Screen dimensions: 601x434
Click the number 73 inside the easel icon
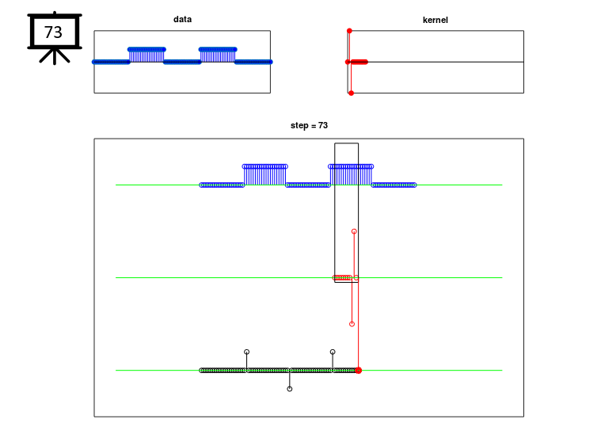pos(53,32)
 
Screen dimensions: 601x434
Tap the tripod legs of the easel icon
pos(55,55)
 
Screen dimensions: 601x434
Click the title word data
pos(182,19)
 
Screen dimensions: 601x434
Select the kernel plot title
pos(435,20)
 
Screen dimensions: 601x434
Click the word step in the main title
pos(299,126)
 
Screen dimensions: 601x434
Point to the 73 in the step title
pos(323,125)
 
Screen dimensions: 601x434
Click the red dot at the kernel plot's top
pos(349,31)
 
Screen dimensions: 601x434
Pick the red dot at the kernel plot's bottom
pos(351,93)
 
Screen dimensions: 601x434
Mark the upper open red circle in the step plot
pos(354,231)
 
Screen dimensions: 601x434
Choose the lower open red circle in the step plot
pos(352,324)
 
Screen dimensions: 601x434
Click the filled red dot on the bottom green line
pos(359,371)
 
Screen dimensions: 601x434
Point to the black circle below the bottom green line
pos(290,389)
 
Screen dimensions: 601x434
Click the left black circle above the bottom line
pos(247,352)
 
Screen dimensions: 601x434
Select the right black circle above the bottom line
pos(333,352)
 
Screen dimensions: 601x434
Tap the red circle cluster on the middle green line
pos(342,277)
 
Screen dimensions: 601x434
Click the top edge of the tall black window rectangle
pos(347,143)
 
